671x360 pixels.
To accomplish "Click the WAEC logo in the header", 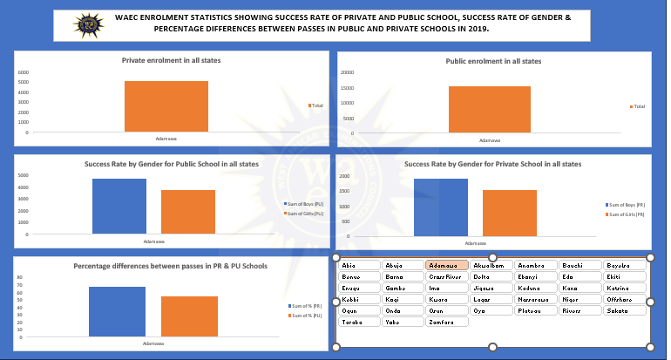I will coord(88,24).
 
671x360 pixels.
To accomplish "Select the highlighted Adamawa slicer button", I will coord(447,265).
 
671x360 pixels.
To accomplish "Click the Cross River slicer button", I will coord(447,276).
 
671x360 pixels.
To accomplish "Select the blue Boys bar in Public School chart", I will coord(119,207).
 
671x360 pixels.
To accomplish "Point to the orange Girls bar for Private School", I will coord(509,213).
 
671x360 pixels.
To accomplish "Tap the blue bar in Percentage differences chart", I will coord(117,311).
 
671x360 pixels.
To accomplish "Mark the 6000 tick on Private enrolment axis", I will coord(24,72).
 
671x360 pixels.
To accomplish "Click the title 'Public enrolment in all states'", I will coord(493,62).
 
